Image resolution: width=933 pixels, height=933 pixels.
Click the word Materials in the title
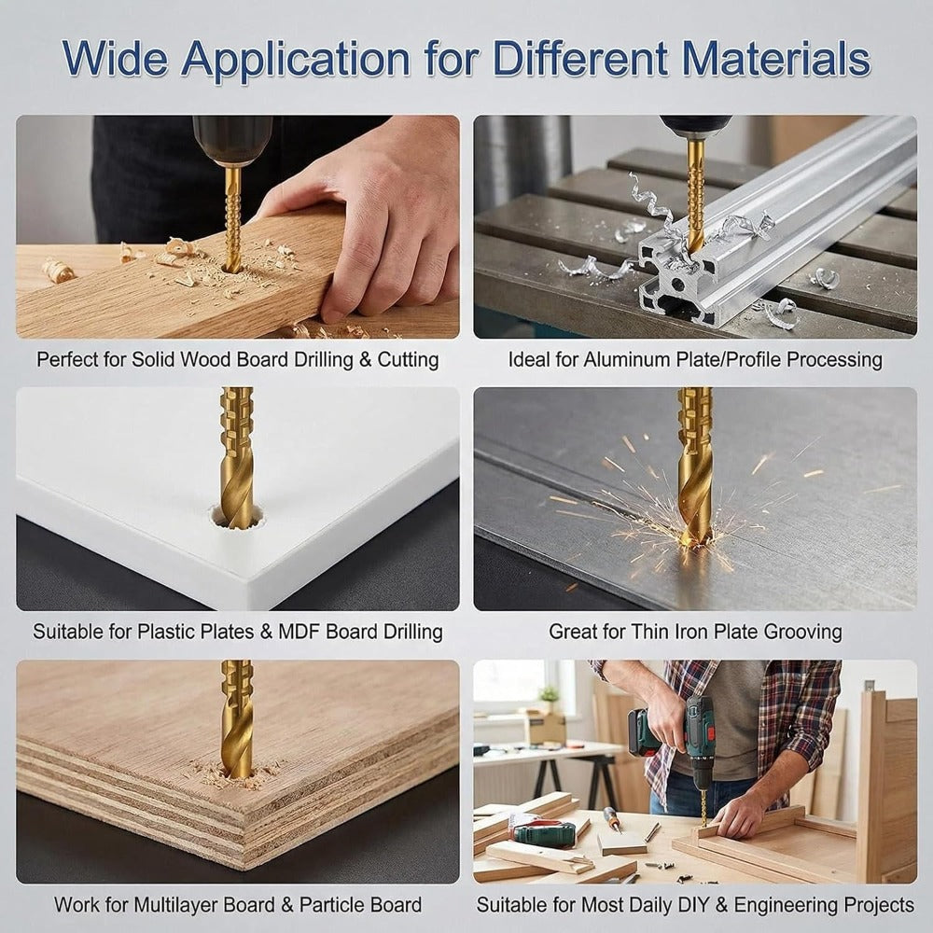(x=776, y=58)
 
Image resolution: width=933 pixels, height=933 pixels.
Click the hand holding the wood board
(x=369, y=215)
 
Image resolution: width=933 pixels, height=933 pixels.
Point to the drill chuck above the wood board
(x=232, y=141)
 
